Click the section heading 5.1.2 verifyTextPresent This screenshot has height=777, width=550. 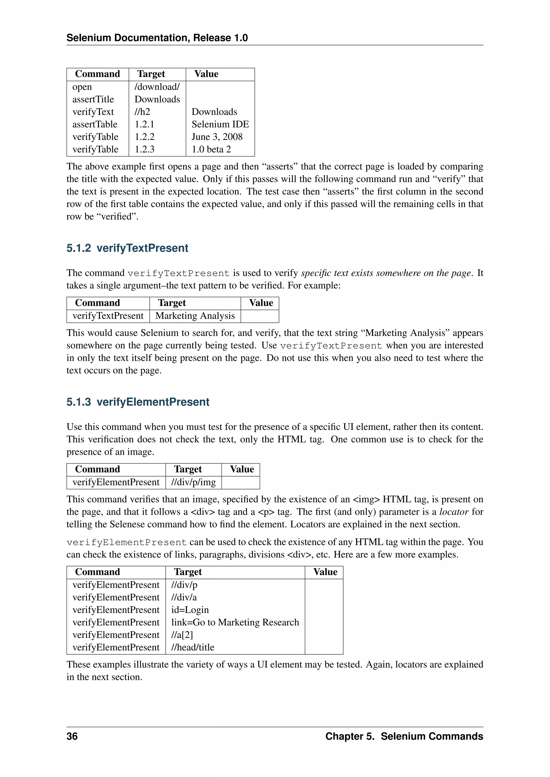pyautogui.click(x=127, y=248)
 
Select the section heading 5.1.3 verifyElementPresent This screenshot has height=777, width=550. pyautogui.click(x=137, y=402)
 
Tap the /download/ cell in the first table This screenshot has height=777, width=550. pyautogui.click(x=157, y=87)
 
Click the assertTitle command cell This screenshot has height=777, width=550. pyautogui.click(x=93, y=100)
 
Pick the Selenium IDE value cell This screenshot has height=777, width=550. pyautogui.click(x=220, y=124)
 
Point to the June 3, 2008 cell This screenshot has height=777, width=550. pyautogui.click(x=217, y=137)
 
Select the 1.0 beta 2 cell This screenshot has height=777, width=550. pyautogui.click(x=211, y=149)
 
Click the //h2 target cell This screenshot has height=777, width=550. pyautogui.click(x=142, y=112)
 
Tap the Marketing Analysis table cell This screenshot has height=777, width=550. pyautogui.click(x=195, y=316)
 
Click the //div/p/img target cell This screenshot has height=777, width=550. pyautogui.click(x=193, y=482)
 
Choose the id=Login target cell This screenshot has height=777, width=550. pyautogui.click(x=190, y=610)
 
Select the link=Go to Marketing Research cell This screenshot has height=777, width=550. pyautogui.click(x=235, y=622)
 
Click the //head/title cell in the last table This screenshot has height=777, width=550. pyautogui.click(x=193, y=647)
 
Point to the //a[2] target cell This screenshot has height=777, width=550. pyautogui.click(x=182, y=635)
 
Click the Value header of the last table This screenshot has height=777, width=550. pyautogui.click(x=325, y=572)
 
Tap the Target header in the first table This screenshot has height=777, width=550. pyautogui.click(x=151, y=74)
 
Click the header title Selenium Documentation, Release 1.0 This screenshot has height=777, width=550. pyautogui.click(x=157, y=38)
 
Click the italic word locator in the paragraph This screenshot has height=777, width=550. pyautogui.click(x=454, y=512)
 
